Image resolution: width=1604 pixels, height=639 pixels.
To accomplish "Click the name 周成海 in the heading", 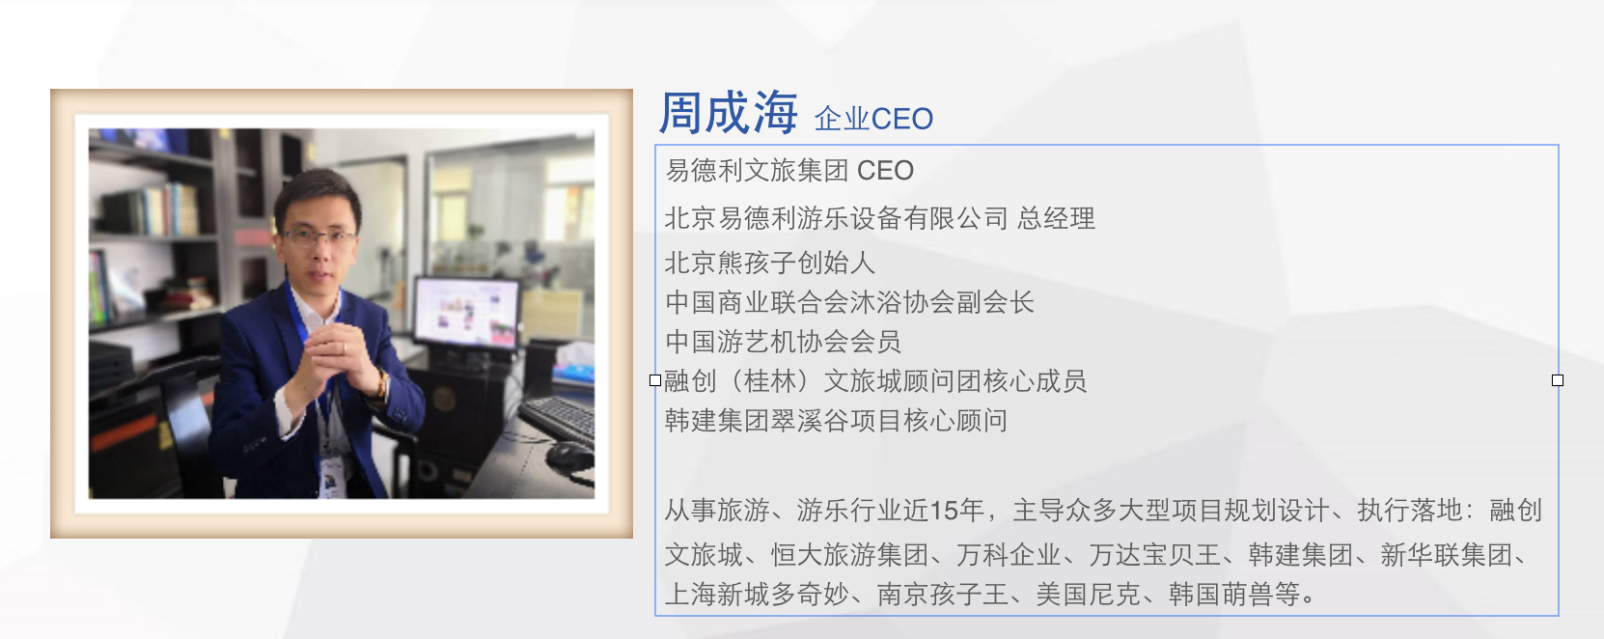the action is point(728,113).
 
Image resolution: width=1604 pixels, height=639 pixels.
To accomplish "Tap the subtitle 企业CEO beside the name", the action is point(873,119).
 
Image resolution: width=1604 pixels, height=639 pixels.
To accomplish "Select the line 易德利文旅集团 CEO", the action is point(789,171).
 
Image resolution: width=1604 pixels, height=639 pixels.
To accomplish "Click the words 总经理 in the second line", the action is point(1056,218).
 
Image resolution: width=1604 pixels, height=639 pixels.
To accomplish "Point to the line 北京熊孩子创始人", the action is point(770,263).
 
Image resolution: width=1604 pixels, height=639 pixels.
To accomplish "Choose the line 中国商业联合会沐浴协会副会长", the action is point(849,302).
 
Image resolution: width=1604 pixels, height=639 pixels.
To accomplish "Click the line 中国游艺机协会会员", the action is point(783,342).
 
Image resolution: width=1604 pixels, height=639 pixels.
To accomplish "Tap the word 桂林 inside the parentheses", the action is point(770,381).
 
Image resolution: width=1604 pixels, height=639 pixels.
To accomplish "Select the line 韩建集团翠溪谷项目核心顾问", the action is point(836,421).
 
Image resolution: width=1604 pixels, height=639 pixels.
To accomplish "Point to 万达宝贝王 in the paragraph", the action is point(1154,555).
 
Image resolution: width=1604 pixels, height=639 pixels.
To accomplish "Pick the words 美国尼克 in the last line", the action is point(1088,595).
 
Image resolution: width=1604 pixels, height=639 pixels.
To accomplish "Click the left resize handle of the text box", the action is point(655,380).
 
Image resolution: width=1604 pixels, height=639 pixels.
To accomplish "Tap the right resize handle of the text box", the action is point(1558,380).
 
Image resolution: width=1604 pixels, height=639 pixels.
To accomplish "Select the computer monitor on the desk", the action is point(466,313).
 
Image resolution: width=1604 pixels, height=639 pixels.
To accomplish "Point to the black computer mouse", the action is point(569,456).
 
